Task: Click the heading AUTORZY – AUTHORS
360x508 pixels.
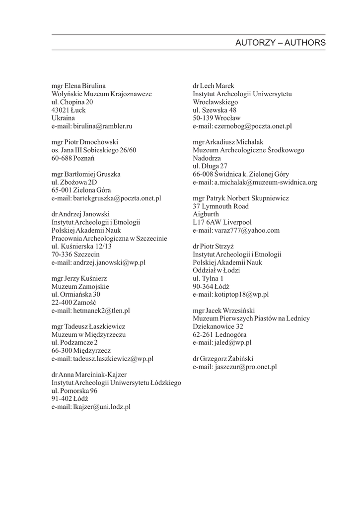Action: point(281,43)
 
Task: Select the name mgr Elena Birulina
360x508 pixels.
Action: point(78,86)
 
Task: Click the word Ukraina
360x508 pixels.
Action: point(63,118)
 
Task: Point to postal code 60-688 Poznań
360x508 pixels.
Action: point(73,158)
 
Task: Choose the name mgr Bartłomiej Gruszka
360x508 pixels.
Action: point(86,174)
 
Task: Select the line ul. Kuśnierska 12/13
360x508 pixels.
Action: point(82,247)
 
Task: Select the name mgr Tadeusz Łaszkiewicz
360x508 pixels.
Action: point(88,327)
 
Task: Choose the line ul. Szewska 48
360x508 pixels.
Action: point(215,110)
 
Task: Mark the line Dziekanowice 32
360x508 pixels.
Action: point(218,326)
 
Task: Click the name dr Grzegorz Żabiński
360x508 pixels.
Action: point(225,359)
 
